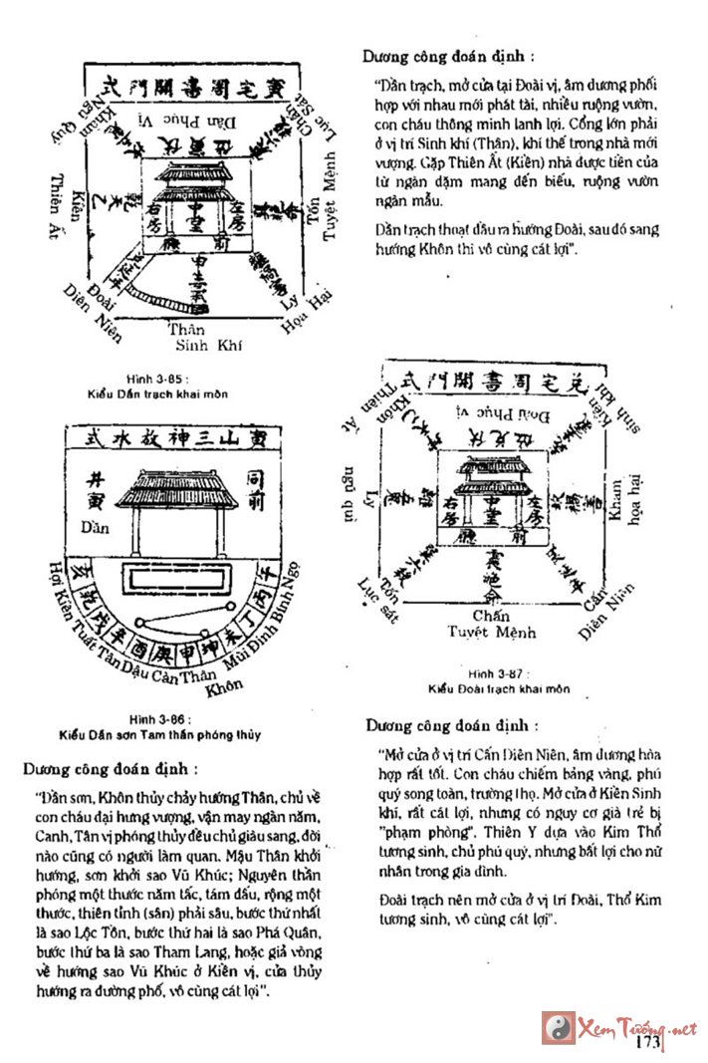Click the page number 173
[647, 1043]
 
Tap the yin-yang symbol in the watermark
[559, 1027]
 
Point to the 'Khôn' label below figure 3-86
[226, 687]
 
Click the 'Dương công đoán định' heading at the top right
[447, 57]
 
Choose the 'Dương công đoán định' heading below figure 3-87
[450, 724]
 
